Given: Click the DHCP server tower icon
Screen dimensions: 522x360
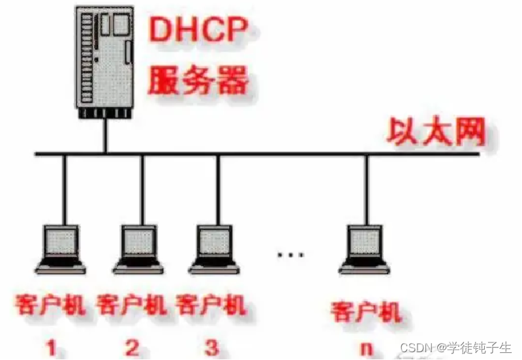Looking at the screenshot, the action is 104,61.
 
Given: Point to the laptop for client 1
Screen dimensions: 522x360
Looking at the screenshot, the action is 61,248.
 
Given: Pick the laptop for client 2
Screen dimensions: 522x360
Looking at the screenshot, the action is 138,248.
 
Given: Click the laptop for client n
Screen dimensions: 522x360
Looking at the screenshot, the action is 365,248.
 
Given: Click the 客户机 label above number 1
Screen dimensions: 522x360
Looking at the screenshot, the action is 51,306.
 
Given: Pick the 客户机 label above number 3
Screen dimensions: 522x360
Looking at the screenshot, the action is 211,306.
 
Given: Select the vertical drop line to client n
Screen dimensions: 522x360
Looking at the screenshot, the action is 365,189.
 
